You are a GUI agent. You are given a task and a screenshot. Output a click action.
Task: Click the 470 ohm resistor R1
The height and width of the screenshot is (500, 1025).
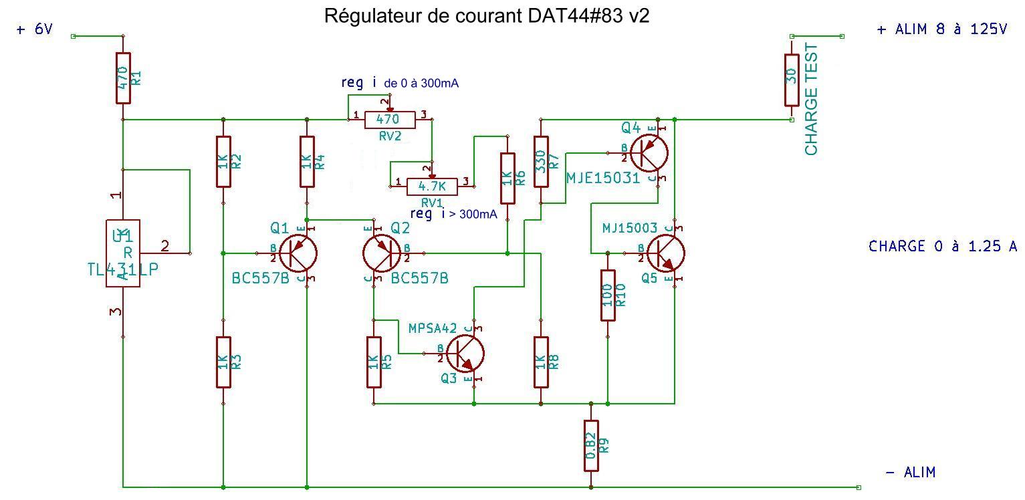pyautogui.click(x=123, y=78)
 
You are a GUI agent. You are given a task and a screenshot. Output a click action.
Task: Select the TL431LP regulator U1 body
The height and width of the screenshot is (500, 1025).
pyautogui.click(x=123, y=253)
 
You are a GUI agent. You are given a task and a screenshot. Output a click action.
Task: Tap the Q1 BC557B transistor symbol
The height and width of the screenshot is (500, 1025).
pyautogui.click(x=298, y=253)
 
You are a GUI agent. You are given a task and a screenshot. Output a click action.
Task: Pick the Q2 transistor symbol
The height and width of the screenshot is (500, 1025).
pyautogui.click(x=382, y=253)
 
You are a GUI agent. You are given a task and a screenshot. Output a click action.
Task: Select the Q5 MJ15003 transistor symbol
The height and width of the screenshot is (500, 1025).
pyautogui.click(x=666, y=253)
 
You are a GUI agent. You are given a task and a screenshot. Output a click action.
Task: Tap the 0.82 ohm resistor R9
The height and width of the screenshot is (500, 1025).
pyautogui.click(x=590, y=445)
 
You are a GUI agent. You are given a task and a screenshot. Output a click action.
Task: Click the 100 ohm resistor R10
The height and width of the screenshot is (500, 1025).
pyautogui.click(x=608, y=295)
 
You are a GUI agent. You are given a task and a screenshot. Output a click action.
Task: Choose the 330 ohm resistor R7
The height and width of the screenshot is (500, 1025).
pyautogui.click(x=541, y=161)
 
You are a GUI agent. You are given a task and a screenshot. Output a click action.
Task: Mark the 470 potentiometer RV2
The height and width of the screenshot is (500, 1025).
pyautogui.click(x=390, y=120)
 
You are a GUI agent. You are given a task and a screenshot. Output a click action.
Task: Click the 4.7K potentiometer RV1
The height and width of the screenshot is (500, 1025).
pyautogui.click(x=432, y=186)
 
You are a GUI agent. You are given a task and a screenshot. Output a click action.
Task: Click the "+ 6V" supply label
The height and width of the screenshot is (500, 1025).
pyautogui.click(x=34, y=30)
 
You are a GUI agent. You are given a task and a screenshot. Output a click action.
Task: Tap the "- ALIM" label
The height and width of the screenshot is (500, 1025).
pyautogui.click(x=910, y=473)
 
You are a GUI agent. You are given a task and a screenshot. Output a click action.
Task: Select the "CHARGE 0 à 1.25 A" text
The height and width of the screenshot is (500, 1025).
pyautogui.click(x=943, y=247)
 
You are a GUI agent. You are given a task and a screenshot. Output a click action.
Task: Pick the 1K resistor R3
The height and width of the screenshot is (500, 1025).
pyautogui.click(x=223, y=362)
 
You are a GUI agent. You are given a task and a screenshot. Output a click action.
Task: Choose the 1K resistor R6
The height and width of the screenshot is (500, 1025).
pyautogui.click(x=507, y=178)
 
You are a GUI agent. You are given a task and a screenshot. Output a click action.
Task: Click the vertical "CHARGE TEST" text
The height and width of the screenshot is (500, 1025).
pyautogui.click(x=812, y=100)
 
